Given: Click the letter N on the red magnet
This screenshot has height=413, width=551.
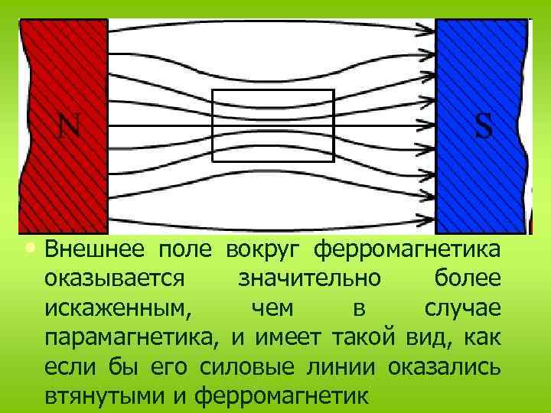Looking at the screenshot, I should (69, 126).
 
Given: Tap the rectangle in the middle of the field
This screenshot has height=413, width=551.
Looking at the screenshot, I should (272, 125).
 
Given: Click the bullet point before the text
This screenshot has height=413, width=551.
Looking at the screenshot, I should (29, 249).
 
